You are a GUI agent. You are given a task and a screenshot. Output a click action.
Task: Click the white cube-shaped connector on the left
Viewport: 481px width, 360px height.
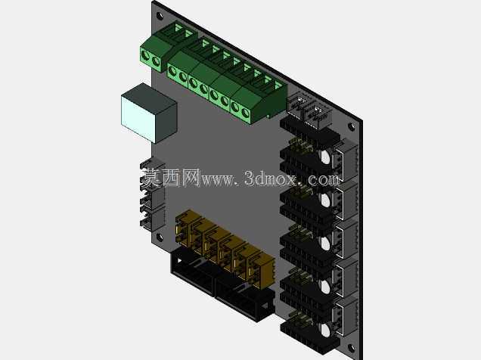[149, 113]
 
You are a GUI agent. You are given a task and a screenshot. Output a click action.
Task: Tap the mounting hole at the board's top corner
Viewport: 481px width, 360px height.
[160, 16]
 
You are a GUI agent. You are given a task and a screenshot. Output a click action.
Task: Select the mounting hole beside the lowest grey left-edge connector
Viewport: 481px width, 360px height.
[160, 237]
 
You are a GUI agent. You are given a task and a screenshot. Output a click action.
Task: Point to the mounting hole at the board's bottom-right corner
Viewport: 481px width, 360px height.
[351, 348]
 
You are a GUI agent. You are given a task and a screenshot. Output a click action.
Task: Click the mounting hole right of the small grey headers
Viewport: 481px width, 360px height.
[352, 126]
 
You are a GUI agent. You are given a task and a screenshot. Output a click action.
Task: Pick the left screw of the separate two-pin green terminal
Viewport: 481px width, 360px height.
[145, 57]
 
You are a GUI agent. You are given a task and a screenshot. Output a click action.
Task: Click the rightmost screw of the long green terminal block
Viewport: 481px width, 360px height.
[245, 113]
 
